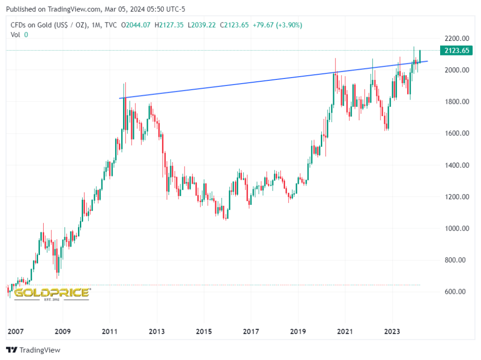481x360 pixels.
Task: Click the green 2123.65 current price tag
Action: click(455, 51)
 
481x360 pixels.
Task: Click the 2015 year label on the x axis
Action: click(203, 332)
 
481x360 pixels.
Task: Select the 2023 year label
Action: click(392, 332)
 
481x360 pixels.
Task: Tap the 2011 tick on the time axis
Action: click(109, 332)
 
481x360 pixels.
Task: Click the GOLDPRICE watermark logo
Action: click(52, 293)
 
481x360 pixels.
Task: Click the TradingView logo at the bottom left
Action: click(33, 350)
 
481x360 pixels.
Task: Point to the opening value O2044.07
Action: click(136, 25)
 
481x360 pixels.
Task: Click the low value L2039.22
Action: click(202, 25)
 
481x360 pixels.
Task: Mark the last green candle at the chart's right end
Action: click(420, 55)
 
